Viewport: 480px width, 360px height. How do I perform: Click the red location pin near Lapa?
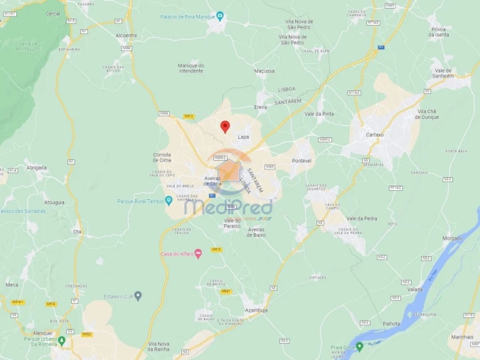(225, 127)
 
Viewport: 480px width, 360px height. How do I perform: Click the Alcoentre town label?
(126, 35)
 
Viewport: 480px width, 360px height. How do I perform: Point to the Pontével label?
(302, 161)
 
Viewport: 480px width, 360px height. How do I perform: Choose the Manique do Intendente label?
(191, 68)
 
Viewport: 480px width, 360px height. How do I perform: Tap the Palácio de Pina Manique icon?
(220, 16)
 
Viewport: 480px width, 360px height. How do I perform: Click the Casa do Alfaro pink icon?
(198, 254)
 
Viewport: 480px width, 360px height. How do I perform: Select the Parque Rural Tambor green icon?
(169, 201)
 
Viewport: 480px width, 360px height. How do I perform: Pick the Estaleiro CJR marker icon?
(138, 295)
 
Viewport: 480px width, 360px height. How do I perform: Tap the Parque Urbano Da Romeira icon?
(62, 340)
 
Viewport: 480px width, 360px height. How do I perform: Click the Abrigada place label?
(36, 168)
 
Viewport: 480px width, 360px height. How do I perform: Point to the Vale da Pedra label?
(361, 218)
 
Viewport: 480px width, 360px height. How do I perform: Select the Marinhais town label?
(462, 337)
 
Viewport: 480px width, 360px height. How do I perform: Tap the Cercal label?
(53, 14)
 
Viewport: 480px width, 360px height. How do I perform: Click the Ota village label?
(76, 231)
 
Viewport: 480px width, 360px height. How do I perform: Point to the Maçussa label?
(264, 70)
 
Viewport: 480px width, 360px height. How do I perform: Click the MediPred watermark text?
(228, 207)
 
